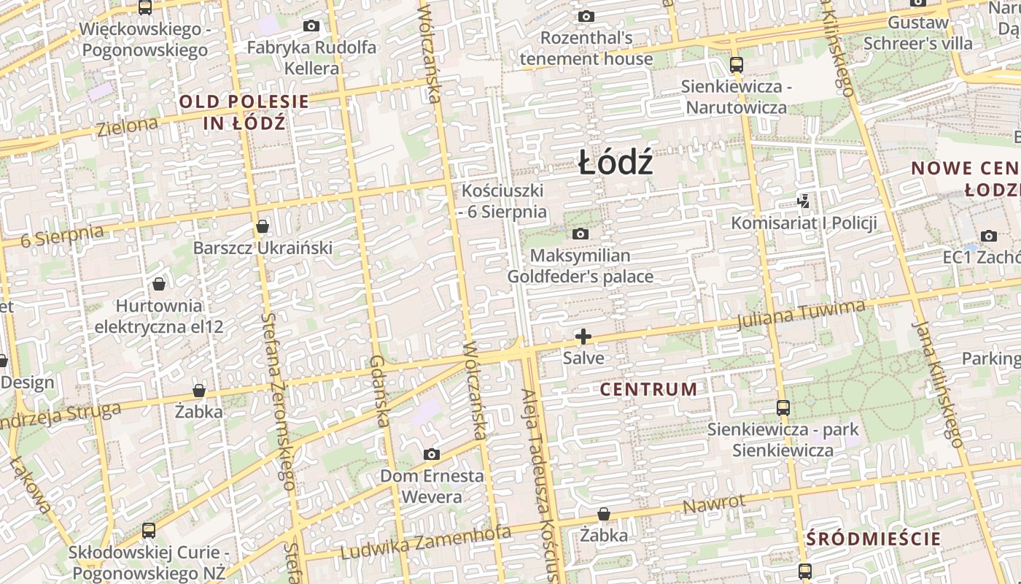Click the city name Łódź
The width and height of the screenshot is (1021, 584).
tap(616, 162)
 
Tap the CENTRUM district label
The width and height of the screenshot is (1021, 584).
tap(648, 389)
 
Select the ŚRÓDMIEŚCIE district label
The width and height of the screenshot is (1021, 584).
tap(874, 539)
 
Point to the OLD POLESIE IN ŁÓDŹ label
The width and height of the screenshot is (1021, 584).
tap(244, 112)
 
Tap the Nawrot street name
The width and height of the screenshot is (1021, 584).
tap(714, 503)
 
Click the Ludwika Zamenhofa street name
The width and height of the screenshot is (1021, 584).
tap(426, 543)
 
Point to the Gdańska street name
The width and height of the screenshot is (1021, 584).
tap(378, 391)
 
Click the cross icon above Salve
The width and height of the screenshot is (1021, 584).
tap(583, 337)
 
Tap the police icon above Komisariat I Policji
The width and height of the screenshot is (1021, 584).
tap(803, 201)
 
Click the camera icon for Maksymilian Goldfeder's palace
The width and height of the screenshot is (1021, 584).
tap(581, 234)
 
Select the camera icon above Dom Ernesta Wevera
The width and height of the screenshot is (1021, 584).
tap(431, 455)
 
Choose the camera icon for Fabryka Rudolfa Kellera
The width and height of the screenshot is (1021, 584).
tap(311, 26)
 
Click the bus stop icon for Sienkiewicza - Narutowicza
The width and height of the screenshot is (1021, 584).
tap(736, 64)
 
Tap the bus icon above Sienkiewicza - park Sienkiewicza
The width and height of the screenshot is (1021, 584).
tap(783, 407)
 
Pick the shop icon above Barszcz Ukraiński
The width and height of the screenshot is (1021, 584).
tap(263, 226)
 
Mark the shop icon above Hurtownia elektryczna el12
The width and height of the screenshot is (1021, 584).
tap(159, 284)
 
